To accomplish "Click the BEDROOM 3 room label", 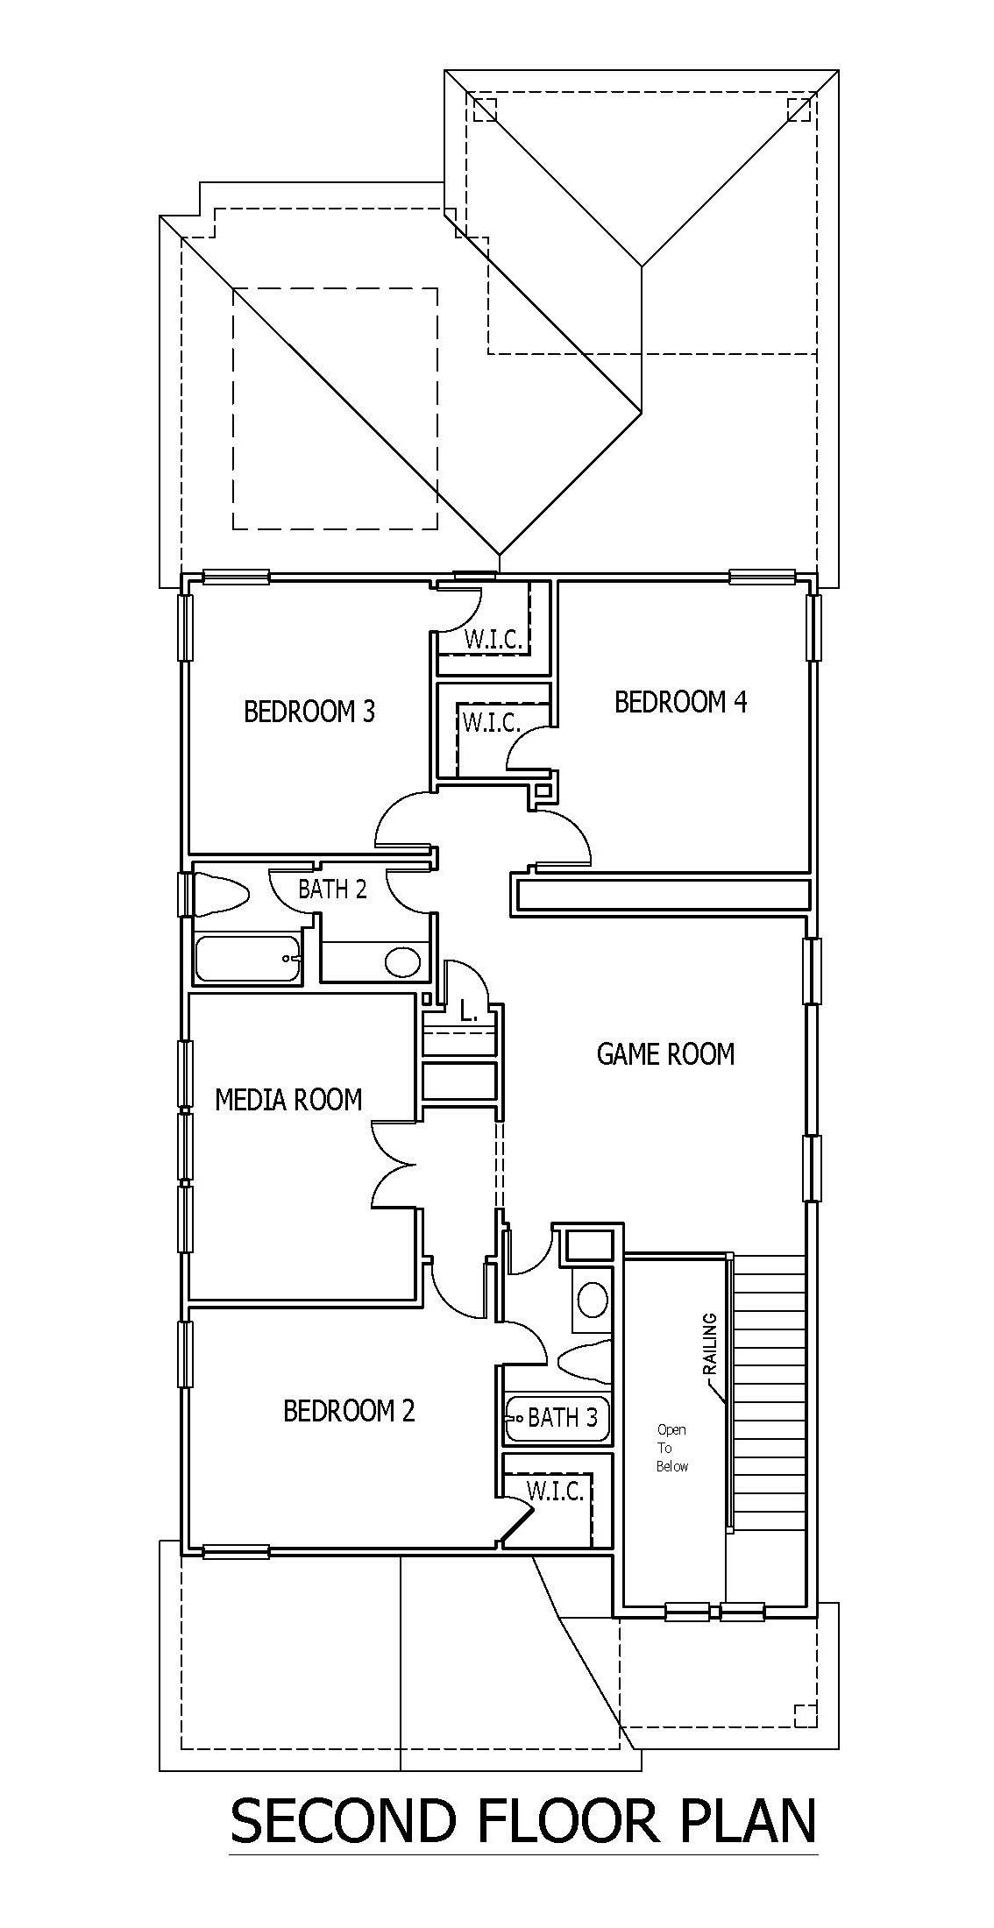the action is coord(309,711).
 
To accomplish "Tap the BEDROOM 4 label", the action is coord(681,702).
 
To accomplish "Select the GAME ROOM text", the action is coord(666,1053).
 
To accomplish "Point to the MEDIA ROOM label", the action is coord(288,1099).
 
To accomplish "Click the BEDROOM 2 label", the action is coord(349,1411).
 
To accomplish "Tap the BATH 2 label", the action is coord(332,889).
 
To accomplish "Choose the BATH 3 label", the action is coord(563,1417).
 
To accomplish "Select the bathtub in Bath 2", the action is coord(248,960).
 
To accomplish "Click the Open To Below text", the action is coord(672,1448).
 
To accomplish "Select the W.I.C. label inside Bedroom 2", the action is coord(556,1491).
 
